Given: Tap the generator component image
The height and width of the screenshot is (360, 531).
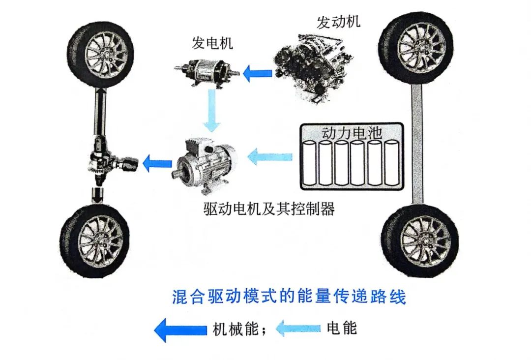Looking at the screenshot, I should [208, 72].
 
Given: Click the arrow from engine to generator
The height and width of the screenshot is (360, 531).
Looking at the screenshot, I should [259, 74].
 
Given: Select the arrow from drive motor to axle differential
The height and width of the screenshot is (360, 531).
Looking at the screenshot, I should [157, 163].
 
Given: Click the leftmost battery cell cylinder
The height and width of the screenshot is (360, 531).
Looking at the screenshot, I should [309, 163].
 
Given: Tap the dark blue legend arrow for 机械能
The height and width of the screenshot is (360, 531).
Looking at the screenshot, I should [180, 329].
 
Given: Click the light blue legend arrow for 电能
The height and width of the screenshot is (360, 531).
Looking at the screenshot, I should [298, 328].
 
